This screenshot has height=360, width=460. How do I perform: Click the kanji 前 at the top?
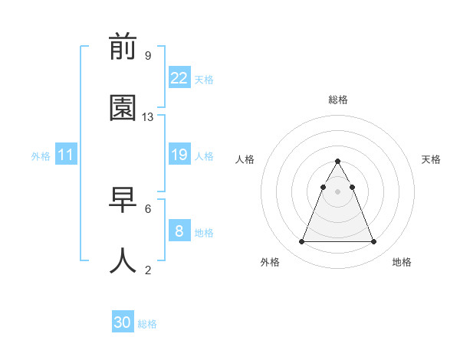[123, 48]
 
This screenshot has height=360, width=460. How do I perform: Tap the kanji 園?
[123, 109]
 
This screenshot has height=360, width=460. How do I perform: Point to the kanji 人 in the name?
[123, 260]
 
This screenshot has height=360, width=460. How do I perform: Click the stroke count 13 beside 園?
[148, 117]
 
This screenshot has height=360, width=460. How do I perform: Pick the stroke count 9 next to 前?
[148, 55]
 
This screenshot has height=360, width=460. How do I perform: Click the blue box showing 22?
[179, 78]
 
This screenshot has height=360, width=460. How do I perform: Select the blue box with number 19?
[179, 155]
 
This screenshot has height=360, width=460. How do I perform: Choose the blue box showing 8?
[179, 231]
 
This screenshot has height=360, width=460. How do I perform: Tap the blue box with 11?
[66, 155]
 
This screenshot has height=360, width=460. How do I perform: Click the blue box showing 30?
[123, 322]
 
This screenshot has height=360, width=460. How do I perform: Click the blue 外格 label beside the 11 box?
[41, 155]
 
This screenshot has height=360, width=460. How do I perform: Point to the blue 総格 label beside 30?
[147, 324]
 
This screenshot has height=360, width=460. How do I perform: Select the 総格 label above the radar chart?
[338, 100]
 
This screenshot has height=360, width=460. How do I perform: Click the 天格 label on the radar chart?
[432, 159]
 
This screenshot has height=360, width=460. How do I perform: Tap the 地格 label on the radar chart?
[402, 262]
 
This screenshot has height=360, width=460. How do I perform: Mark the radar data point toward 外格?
[301, 242]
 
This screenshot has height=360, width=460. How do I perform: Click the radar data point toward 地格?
[374, 242]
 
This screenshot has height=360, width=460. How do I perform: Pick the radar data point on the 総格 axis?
[337, 162]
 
